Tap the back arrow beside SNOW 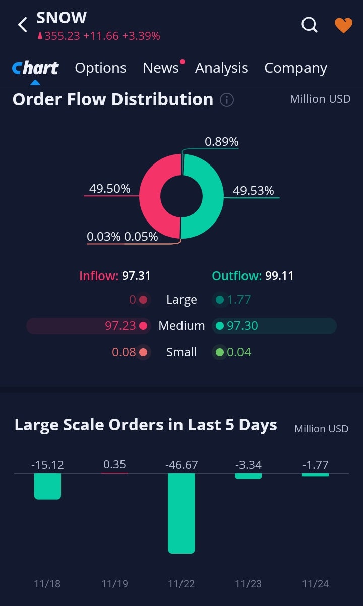click(x=22, y=25)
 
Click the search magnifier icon click(x=310, y=24)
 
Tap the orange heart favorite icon click(x=343, y=25)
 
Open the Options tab click(x=100, y=68)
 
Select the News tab click(x=161, y=68)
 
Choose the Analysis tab click(x=221, y=68)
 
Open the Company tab click(x=295, y=68)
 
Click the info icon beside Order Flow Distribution click(x=227, y=100)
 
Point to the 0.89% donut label click(x=221, y=142)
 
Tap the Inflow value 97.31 click(x=136, y=276)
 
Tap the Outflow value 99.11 click(x=279, y=276)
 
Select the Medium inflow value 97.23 click(x=120, y=326)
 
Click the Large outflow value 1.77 click(x=238, y=300)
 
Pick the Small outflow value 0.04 click(x=238, y=352)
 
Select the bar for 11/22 click(x=181, y=513)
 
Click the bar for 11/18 click(x=47, y=486)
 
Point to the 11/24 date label click(x=315, y=584)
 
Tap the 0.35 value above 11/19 click(x=114, y=464)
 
